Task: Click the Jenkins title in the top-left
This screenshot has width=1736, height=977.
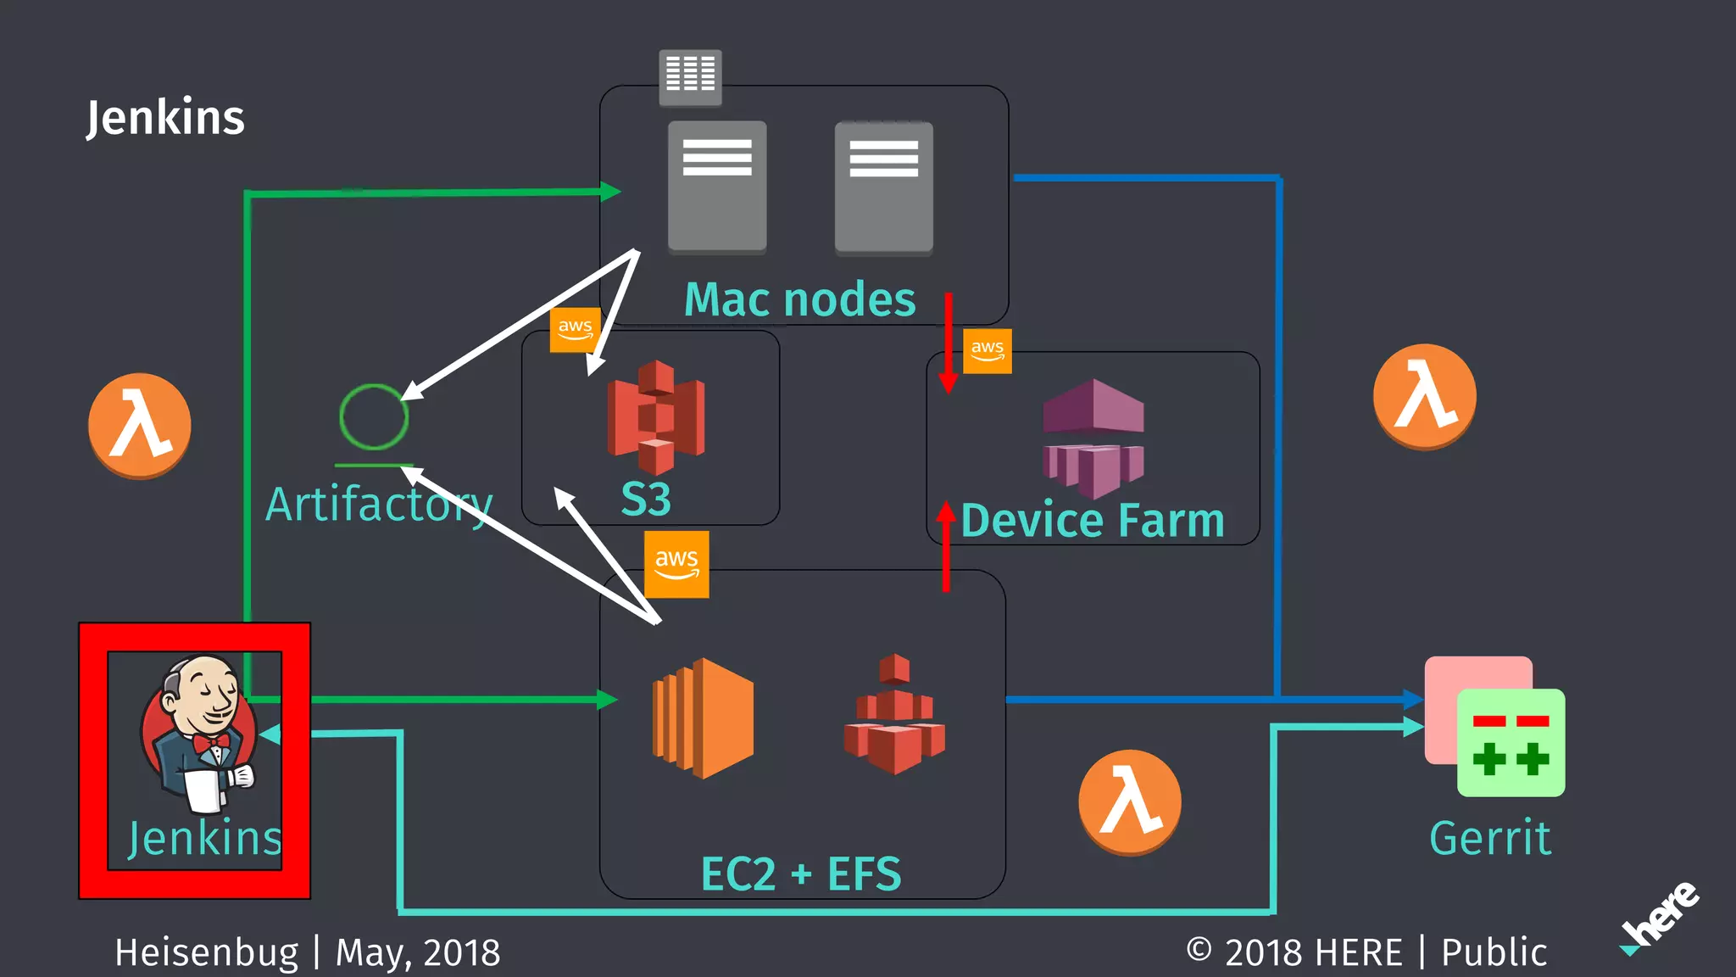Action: [x=165, y=118]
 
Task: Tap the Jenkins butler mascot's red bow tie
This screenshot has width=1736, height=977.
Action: [x=211, y=744]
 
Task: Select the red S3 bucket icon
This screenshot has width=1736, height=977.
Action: [x=655, y=417]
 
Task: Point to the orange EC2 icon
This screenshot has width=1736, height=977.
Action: [x=703, y=717]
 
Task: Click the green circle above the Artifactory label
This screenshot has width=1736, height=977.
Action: [x=374, y=416]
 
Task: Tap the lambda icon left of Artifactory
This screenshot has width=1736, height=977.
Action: [x=140, y=425]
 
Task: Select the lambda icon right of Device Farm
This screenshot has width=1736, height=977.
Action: [x=1424, y=396]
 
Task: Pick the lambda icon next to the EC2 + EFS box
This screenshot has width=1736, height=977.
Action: [x=1129, y=801]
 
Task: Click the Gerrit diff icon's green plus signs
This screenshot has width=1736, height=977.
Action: [x=1511, y=758]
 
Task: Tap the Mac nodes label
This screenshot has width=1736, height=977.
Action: [x=799, y=300]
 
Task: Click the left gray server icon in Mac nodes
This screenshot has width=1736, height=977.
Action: [x=717, y=187]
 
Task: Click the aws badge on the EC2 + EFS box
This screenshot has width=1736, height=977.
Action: [x=676, y=564]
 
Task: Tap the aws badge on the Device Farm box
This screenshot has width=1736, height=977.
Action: [x=988, y=350]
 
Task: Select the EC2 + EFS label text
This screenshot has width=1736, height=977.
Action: [x=800, y=874]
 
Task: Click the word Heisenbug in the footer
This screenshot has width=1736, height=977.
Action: [x=207, y=952]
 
